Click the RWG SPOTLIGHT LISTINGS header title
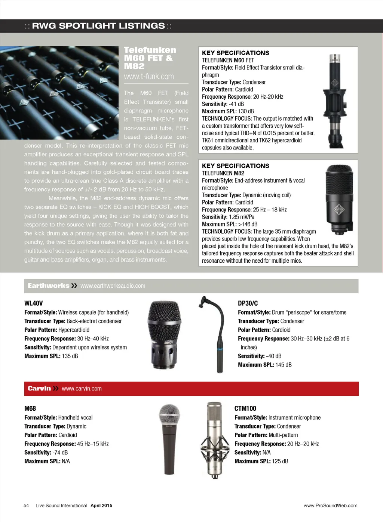(98, 26)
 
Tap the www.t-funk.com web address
(149, 77)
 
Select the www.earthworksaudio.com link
(113, 286)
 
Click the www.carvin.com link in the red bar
(82, 389)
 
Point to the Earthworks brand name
(48, 286)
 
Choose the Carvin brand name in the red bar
(39, 389)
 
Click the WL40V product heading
(34, 303)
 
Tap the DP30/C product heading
(248, 303)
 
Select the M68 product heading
(30, 408)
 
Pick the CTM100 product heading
(245, 408)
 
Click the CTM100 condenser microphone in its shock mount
(214, 441)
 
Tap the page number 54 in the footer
(26, 506)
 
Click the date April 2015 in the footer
(101, 506)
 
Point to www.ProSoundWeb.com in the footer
(330, 506)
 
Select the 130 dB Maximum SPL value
(246, 111)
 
